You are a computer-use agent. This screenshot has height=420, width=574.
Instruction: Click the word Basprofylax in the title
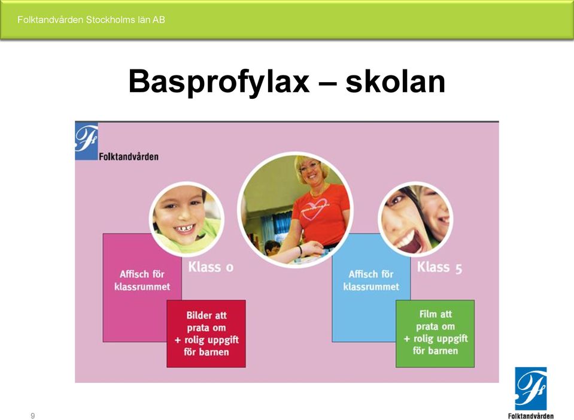click(x=219, y=82)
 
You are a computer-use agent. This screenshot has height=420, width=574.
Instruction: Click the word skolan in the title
click(x=396, y=81)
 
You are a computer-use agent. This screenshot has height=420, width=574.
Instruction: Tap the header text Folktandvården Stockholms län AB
click(x=91, y=20)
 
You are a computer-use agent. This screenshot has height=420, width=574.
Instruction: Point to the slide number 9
click(x=33, y=416)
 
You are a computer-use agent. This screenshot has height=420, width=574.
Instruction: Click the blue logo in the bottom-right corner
click(x=530, y=388)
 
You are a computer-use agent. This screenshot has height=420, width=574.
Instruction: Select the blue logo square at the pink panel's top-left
click(x=86, y=141)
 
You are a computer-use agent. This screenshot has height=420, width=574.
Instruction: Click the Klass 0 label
click(x=211, y=267)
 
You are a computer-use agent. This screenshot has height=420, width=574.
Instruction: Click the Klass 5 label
click(x=439, y=267)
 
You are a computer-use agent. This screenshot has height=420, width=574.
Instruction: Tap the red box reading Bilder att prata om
click(x=206, y=334)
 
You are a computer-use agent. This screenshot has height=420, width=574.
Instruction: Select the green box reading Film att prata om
click(x=435, y=334)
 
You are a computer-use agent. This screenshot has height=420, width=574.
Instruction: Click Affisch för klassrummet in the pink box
click(x=142, y=280)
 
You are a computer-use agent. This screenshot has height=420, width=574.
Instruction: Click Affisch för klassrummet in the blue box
click(x=371, y=280)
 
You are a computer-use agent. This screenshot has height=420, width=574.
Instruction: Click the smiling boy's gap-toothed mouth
click(x=184, y=229)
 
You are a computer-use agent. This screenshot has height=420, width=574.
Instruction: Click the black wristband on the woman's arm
click(x=300, y=250)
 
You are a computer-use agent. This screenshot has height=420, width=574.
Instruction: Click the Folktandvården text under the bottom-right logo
click(x=531, y=416)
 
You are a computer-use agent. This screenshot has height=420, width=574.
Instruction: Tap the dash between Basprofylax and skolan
click(x=327, y=83)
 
